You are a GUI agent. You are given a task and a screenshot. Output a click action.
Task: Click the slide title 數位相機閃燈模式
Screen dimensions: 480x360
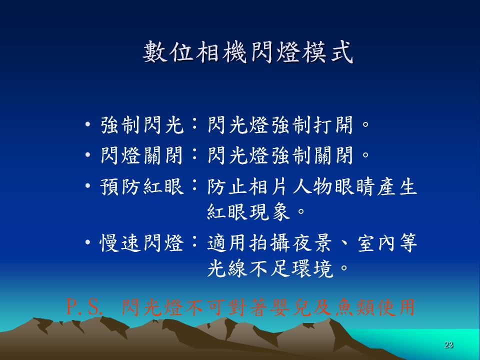248,52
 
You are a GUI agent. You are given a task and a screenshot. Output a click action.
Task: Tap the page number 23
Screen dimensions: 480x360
448,344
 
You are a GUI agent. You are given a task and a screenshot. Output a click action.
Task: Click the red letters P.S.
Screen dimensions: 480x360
84,307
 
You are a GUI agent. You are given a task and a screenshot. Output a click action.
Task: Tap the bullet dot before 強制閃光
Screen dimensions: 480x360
88,125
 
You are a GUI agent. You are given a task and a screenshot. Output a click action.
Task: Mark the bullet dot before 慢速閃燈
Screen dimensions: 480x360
88,243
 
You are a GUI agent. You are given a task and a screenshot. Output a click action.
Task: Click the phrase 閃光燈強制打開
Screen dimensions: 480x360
280,125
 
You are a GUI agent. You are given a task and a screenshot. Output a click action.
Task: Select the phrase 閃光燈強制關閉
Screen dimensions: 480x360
280,155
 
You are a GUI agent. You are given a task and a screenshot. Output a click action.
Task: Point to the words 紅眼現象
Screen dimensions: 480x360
248,211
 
